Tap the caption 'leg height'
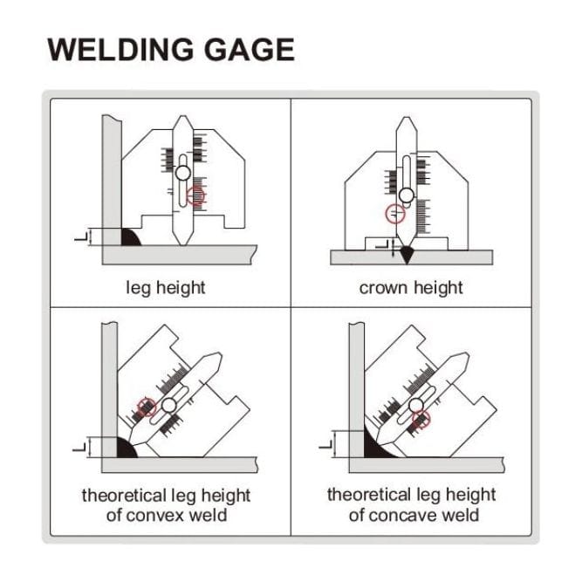166,287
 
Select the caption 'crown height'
410,287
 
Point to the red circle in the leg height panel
196,197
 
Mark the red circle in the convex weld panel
147,407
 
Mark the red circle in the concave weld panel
421,420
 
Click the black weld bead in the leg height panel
131,236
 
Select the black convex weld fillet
127,447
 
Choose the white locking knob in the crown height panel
407,194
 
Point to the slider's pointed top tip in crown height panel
407,120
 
